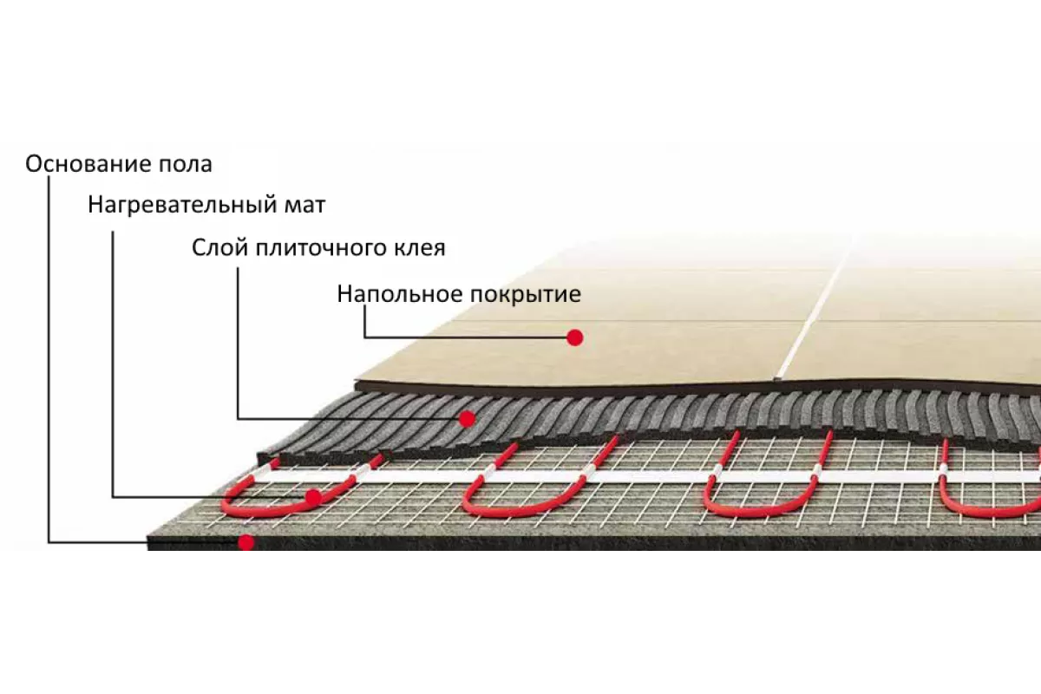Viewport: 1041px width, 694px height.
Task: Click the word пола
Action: click(x=186, y=165)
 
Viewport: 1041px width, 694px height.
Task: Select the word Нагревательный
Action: click(x=182, y=205)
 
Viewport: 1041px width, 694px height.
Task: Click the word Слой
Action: click(x=219, y=248)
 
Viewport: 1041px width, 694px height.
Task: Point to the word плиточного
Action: click(x=321, y=249)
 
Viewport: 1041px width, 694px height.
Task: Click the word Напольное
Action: click(x=400, y=294)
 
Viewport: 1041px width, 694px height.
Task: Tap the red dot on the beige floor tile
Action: click(x=575, y=338)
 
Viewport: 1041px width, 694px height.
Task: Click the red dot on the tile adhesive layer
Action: click(x=467, y=419)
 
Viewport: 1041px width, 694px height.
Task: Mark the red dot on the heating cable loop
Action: click(x=313, y=498)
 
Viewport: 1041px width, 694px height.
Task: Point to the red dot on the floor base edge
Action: click(x=246, y=542)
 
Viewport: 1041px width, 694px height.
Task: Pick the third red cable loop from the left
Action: click(x=767, y=475)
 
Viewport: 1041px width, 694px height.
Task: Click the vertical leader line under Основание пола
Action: click(x=49, y=359)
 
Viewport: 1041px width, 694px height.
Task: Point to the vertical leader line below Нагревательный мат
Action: click(x=113, y=364)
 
